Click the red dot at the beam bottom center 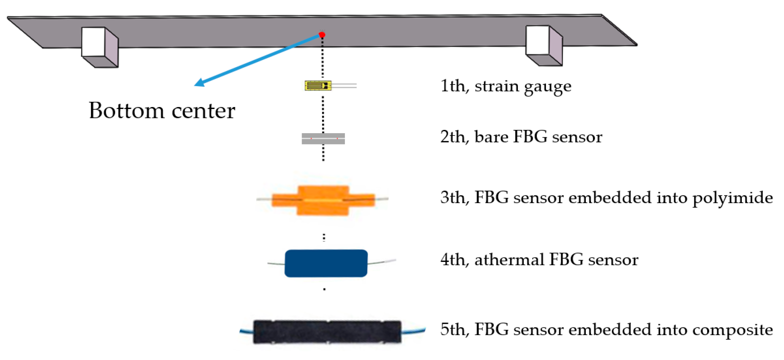click(322, 35)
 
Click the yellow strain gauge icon click(318, 85)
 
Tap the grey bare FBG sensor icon click(323, 138)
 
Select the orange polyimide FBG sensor click(323, 200)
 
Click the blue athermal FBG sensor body click(326, 263)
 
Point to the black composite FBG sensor click(327, 332)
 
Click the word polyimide click(732, 198)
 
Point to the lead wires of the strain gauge click(345, 85)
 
